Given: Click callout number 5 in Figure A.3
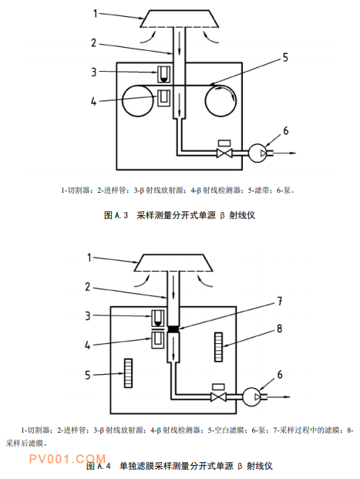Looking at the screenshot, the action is tap(285, 57).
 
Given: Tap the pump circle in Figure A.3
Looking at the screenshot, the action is tap(257, 153).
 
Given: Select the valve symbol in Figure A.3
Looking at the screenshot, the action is tap(224, 153).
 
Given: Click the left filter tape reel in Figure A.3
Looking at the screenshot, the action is tap(137, 100).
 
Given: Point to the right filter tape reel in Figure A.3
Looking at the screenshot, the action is tap(220, 101).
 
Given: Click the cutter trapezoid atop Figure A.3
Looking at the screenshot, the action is tap(180, 19).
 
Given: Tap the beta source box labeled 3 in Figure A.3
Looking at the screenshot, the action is tap(163, 74).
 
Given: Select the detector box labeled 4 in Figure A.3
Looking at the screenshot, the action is tap(163, 97).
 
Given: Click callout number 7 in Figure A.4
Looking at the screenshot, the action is tap(279, 302).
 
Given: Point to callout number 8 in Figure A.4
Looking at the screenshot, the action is tap(279, 329).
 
